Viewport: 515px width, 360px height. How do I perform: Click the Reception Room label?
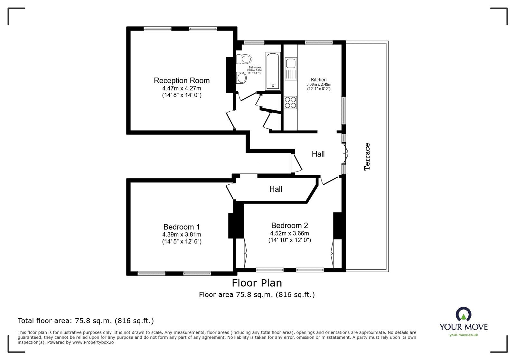tap(182, 80)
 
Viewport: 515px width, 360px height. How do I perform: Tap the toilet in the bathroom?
tap(244, 59)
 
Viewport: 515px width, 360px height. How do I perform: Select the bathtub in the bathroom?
tap(273, 71)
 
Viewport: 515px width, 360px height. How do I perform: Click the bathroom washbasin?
tap(241, 78)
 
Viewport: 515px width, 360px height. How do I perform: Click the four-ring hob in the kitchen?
tap(291, 102)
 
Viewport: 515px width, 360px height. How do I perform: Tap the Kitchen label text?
tap(319, 80)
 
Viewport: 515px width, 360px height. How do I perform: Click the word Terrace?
tap(367, 156)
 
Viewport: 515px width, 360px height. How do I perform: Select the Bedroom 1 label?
tap(182, 227)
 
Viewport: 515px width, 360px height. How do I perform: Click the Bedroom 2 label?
tap(289, 226)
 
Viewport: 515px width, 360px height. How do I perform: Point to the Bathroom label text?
tap(255, 67)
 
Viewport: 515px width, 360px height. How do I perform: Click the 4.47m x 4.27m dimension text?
tap(182, 88)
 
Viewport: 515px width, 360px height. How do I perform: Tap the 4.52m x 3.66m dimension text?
tap(289, 233)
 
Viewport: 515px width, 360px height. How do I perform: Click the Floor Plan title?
tap(257, 283)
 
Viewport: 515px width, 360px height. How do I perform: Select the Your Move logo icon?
tap(464, 314)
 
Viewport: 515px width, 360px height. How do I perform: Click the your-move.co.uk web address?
tap(464, 335)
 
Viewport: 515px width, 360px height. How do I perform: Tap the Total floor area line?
tap(86, 320)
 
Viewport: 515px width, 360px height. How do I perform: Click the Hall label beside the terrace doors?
tap(318, 154)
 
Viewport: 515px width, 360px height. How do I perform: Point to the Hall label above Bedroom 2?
tap(276, 189)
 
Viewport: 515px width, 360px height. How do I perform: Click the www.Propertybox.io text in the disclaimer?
tap(93, 342)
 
